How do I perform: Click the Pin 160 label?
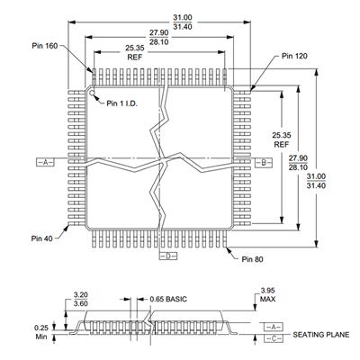[45, 46]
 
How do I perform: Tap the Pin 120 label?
[294, 56]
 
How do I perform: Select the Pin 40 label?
[41, 238]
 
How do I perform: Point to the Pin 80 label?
[252, 259]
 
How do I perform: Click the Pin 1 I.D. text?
[121, 103]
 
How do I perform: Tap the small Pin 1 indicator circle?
[92, 92]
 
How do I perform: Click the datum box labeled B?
[264, 163]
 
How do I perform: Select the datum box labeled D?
[168, 256]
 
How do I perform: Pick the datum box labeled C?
[273, 338]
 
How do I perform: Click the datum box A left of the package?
[45, 162]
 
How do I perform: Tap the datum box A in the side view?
[273, 327]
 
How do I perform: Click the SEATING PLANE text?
[321, 335]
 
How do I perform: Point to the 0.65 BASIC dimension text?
[168, 299]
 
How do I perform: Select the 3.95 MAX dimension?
[267, 294]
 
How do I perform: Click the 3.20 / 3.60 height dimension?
[81, 299]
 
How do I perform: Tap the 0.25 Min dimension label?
[41, 332]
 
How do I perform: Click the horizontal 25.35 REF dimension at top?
[135, 52]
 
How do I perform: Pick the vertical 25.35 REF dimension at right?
[282, 139]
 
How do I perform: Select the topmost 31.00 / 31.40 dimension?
[183, 22]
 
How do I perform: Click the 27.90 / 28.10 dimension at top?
[159, 37]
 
